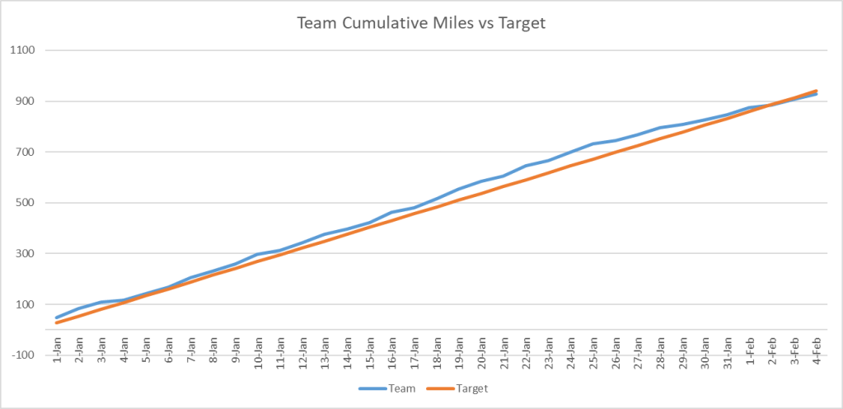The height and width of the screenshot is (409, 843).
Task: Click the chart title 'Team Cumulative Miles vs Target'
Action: coord(420,23)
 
